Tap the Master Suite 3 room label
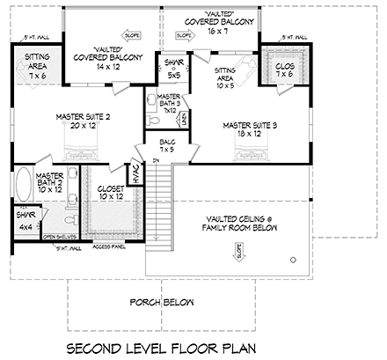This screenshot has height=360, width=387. coord(249,130)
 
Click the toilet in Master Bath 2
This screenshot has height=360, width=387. coord(63,217)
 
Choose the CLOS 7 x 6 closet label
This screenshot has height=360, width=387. coord(284,70)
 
